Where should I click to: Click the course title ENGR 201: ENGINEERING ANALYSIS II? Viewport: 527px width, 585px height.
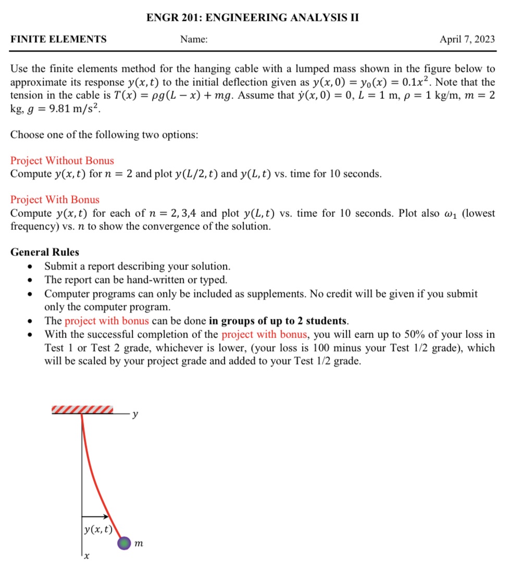coord(253,18)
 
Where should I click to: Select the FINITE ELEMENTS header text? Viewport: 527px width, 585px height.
coord(58,39)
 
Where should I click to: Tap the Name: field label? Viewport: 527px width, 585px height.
coord(194,40)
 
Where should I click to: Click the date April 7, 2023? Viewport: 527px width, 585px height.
coord(467,40)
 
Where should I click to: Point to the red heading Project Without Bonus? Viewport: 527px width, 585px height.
coord(62,161)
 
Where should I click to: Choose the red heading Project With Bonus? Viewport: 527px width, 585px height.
coord(55,200)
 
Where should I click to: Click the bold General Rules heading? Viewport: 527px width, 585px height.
coord(45,252)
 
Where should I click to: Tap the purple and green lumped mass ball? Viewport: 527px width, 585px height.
coord(124,543)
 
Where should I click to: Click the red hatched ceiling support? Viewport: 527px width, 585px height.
coord(82,410)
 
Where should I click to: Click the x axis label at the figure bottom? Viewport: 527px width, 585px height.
coord(87,557)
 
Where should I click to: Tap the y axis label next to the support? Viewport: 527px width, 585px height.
coord(135,414)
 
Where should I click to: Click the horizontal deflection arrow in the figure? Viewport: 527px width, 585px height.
coord(95,517)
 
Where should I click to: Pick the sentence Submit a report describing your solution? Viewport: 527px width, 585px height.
coord(137,266)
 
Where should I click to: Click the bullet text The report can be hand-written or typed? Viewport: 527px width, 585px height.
coord(135,280)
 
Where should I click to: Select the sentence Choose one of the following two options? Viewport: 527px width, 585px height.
coord(104,135)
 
